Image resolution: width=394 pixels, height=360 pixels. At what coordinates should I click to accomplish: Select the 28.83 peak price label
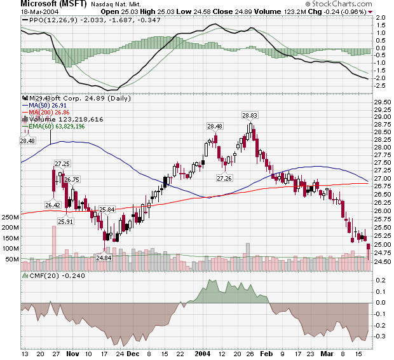250,115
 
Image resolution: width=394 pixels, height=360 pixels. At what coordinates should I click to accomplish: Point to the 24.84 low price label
104,258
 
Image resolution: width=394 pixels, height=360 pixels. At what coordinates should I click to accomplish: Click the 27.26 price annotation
224,178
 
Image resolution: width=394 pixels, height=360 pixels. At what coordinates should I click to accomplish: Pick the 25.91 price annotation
65,221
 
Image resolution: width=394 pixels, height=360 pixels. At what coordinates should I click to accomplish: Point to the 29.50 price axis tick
382,102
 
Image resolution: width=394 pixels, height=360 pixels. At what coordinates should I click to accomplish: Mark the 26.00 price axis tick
382,211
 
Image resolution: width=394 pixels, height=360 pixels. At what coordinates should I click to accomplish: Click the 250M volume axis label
10,217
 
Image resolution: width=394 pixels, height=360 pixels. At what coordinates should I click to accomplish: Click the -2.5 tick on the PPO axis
381,85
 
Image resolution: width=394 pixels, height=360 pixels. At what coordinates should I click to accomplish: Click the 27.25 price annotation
62,163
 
